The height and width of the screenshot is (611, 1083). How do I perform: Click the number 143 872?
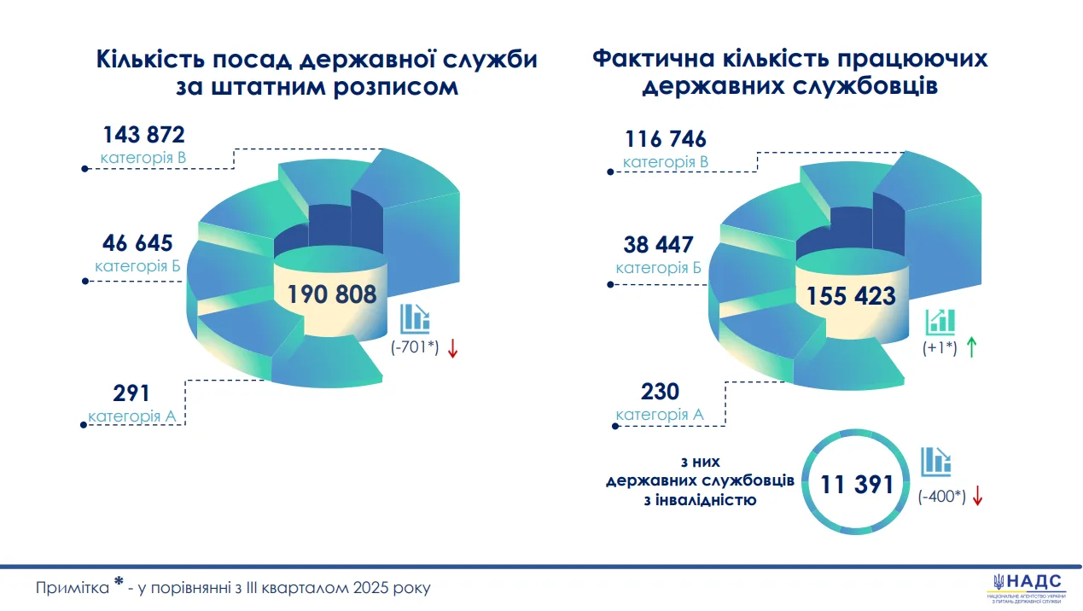point(143,135)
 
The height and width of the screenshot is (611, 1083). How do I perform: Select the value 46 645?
point(137,243)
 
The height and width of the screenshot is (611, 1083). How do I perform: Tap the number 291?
point(131,393)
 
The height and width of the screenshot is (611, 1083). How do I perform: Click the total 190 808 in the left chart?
point(331,295)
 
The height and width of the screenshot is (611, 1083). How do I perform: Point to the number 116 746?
point(666,139)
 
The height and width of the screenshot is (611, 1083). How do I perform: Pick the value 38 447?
point(659,246)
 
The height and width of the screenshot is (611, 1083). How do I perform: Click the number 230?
point(660,392)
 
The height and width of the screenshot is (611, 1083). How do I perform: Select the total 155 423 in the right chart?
point(851,296)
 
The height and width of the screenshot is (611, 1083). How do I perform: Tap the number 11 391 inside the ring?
point(857,485)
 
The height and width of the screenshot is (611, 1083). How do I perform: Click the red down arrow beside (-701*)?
point(452,348)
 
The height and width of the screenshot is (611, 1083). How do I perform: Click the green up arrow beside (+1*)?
point(971,347)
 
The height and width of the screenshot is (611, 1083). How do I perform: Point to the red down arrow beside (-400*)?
point(978,497)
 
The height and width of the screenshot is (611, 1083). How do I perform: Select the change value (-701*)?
point(416,349)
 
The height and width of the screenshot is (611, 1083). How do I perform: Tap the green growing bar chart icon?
point(940,322)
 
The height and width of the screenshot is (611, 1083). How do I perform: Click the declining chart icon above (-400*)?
point(935,462)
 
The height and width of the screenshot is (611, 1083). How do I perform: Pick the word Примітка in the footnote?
point(72,589)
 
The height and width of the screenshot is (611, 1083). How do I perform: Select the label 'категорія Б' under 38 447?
point(659,268)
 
